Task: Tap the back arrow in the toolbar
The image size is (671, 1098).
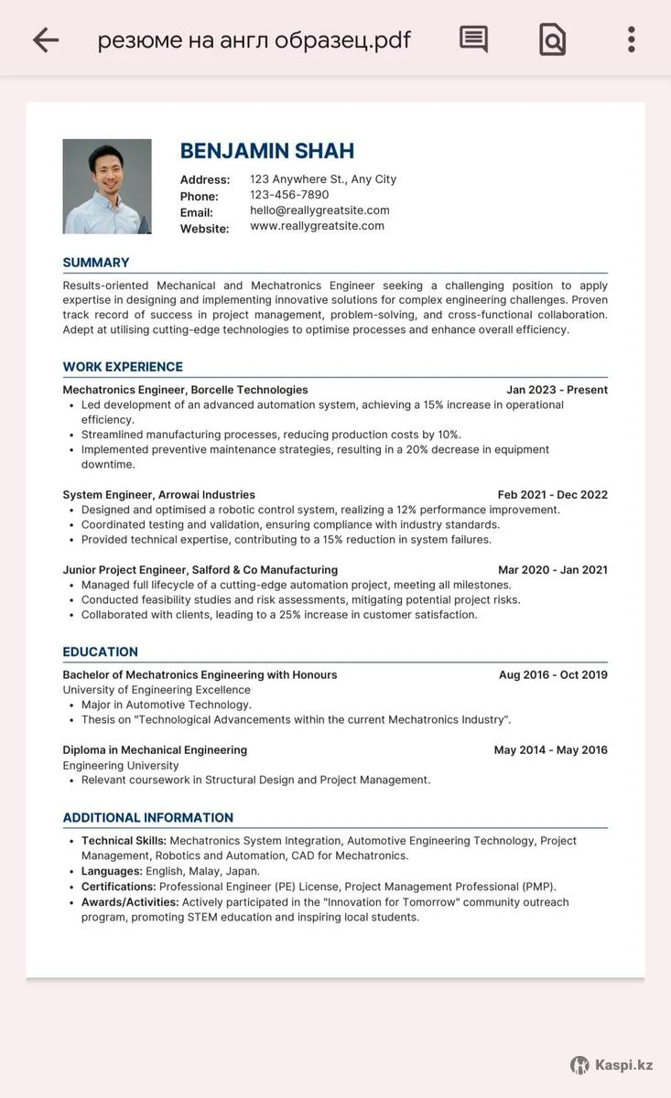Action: [45, 39]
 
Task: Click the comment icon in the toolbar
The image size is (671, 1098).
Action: [473, 39]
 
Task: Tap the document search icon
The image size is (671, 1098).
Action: [552, 39]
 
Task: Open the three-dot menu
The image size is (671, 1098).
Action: [631, 39]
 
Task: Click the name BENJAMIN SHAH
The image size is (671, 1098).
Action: [266, 151]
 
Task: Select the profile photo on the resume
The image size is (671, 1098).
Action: [107, 187]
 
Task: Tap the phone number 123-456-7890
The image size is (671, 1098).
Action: [289, 195]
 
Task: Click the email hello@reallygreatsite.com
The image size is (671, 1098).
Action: [319, 210]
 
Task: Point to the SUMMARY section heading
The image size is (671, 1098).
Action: [96, 263]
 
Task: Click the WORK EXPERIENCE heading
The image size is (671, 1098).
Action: [123, 367]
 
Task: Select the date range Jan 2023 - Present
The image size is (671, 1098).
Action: [557, 390]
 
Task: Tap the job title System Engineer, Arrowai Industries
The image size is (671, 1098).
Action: [158, 495]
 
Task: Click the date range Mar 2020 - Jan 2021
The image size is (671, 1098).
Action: [552, 570]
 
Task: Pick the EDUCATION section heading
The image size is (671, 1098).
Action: [100, 652]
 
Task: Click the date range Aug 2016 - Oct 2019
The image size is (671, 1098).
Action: [553, 675]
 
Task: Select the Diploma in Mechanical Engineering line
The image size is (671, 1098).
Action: [155, 750]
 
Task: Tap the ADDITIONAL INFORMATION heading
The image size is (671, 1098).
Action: [147, 818]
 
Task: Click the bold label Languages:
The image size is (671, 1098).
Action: [112, 872]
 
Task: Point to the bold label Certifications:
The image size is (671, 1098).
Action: [118, 887]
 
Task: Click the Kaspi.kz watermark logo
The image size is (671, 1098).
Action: [611, 1065]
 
